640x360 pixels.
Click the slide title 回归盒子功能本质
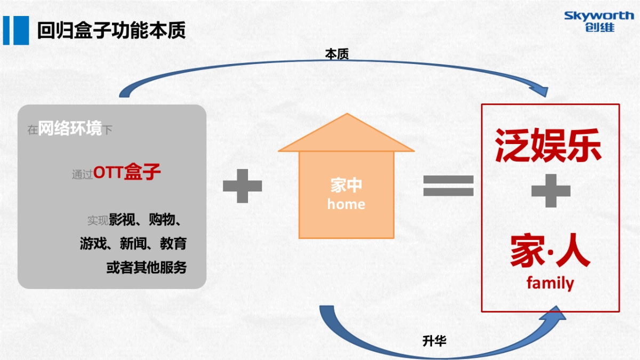[111, 30]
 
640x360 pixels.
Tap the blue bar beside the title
[16, 30]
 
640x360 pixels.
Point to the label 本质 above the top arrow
[337, 54]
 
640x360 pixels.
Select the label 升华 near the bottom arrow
[434, 341]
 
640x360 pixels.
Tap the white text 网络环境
[70, 129]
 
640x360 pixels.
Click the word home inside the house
[346, 204]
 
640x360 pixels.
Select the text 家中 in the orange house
[346, 185]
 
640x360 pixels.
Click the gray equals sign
[449, 185]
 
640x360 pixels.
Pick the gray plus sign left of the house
[242, 186]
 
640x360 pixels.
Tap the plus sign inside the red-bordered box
[550, 190]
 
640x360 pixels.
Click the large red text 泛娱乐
[549, 145]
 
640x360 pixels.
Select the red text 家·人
[550, 252]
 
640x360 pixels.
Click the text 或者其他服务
[147, 267]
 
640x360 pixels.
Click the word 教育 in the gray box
[173, 244]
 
